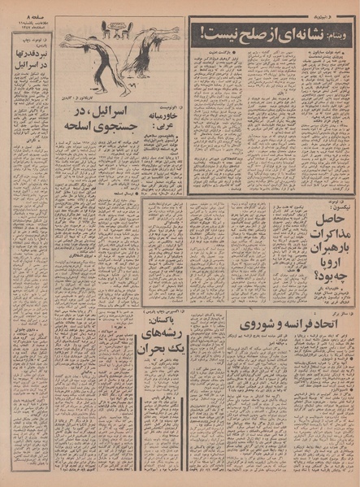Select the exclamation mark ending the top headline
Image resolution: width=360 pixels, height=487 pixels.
201,33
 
